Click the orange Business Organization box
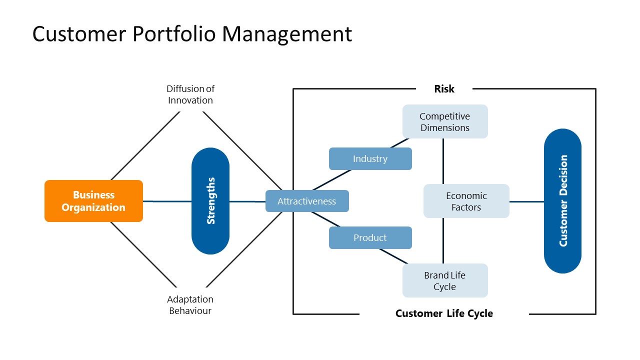pos(93,201)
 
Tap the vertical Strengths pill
pos(210,201)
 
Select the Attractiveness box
pos(307,201)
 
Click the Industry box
pos(370,158)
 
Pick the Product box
pos(370,237)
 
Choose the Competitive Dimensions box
pos(444,121)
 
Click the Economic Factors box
pos(466,201)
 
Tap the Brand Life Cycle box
pos(444,280)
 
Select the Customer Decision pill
pos(562,201)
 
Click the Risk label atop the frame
pos(444,89)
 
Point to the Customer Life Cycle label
pos(444,313)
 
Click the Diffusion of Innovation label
pos(190,94)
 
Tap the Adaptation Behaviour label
pos(190,305)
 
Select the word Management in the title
pos(287,34)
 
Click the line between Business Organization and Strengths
pos(167,201)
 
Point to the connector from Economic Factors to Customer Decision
pos(526,202)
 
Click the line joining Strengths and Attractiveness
pos(247,201)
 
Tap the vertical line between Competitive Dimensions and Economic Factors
pos(443,161)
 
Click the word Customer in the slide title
pos(79,34)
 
